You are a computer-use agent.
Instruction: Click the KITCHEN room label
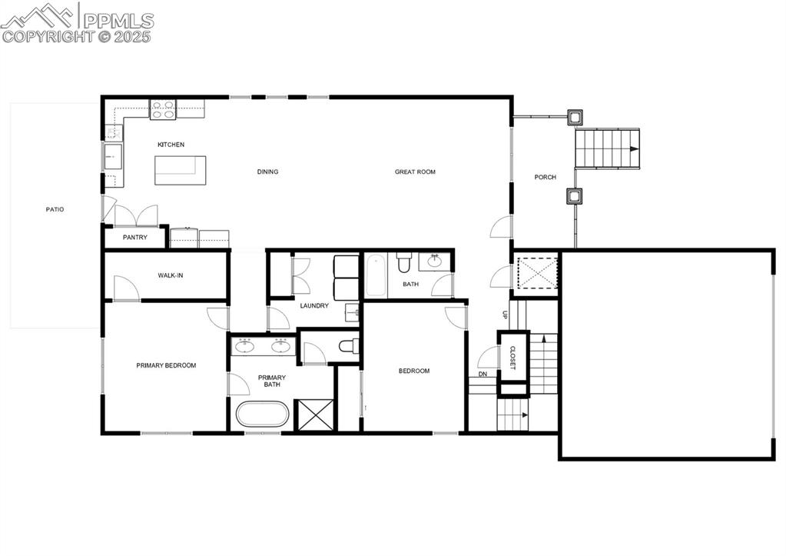pyautogui.click(x=171, y=145)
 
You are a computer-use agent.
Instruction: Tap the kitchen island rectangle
pyautogui.click(x=181, y=170)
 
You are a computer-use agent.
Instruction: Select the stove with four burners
pyautogui.click(x=162, y=109)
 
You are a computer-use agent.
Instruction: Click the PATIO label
pyautogui.click(x=54, y=209)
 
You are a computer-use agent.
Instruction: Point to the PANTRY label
pyautogui.click(x=134, y=238)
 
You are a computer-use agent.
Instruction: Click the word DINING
pyautogui.click(x=267, y=171)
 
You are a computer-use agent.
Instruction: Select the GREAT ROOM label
pyautogui.click(x=415, y=171)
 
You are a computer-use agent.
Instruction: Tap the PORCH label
pyautogui.click(x=545, y=178)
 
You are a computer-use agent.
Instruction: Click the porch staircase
pyautogui.click(x=607, y=148)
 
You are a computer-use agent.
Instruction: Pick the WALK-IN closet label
pyautogui.click(x=170, y=275)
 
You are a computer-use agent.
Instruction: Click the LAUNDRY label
pyautogui.click(x=314, y=305)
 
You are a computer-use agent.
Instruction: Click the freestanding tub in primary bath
pyautogui.click(x=263, y=415)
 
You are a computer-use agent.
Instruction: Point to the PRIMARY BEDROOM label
pyautogui.click(x=166, y=365)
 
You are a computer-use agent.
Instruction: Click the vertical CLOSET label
pyautogui.click(x=512, y=357)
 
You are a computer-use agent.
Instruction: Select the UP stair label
pyautogui.click(x=505, y=315)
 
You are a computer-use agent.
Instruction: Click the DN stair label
pyautogui.click(x=483, y=375)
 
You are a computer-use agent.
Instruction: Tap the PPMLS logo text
pyautogui.click(x=117, y=21)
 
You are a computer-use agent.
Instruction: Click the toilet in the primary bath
pyautogui.click(x=347, y=345)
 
